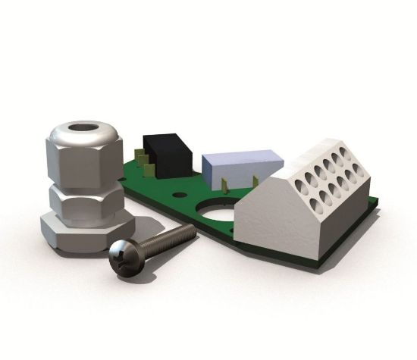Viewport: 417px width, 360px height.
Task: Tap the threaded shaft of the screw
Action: pyautogui.click(x=163, y=240)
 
